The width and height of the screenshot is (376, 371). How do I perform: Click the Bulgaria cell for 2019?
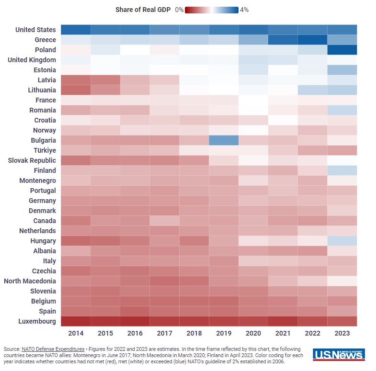point(224,140)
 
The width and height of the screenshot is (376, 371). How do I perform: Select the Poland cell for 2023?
point(342,50)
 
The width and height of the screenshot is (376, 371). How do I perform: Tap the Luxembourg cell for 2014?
point(76,321)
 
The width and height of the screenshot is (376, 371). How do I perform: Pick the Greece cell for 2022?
point(312,40)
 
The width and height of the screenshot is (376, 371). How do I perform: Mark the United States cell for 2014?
point(76,30)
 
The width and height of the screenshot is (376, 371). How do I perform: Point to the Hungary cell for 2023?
point(342,241)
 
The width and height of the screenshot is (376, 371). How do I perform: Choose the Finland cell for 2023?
point(342,170)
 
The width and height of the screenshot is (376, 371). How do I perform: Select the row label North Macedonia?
point(30,281)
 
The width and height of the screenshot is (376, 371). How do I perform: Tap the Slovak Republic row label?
point(32,160)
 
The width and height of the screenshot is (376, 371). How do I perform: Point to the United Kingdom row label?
point(32,60)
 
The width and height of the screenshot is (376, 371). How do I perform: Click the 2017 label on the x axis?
point(164,333)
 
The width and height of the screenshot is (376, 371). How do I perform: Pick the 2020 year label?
point(253,333)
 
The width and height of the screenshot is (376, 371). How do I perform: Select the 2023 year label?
point(342,333)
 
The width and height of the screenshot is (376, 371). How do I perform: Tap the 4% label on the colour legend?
point(244,10)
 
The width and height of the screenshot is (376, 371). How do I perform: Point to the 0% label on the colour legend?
point(179,10)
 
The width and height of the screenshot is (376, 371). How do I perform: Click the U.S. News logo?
point(339,355)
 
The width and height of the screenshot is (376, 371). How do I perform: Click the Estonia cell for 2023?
point(342,70)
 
